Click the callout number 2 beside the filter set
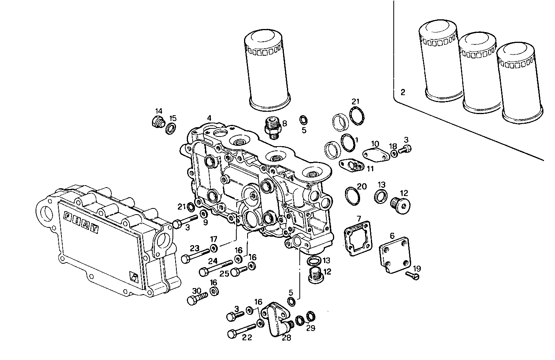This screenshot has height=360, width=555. (403, 92)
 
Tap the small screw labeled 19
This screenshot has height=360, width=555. (413, 275)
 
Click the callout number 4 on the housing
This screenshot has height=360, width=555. (209, 118)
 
